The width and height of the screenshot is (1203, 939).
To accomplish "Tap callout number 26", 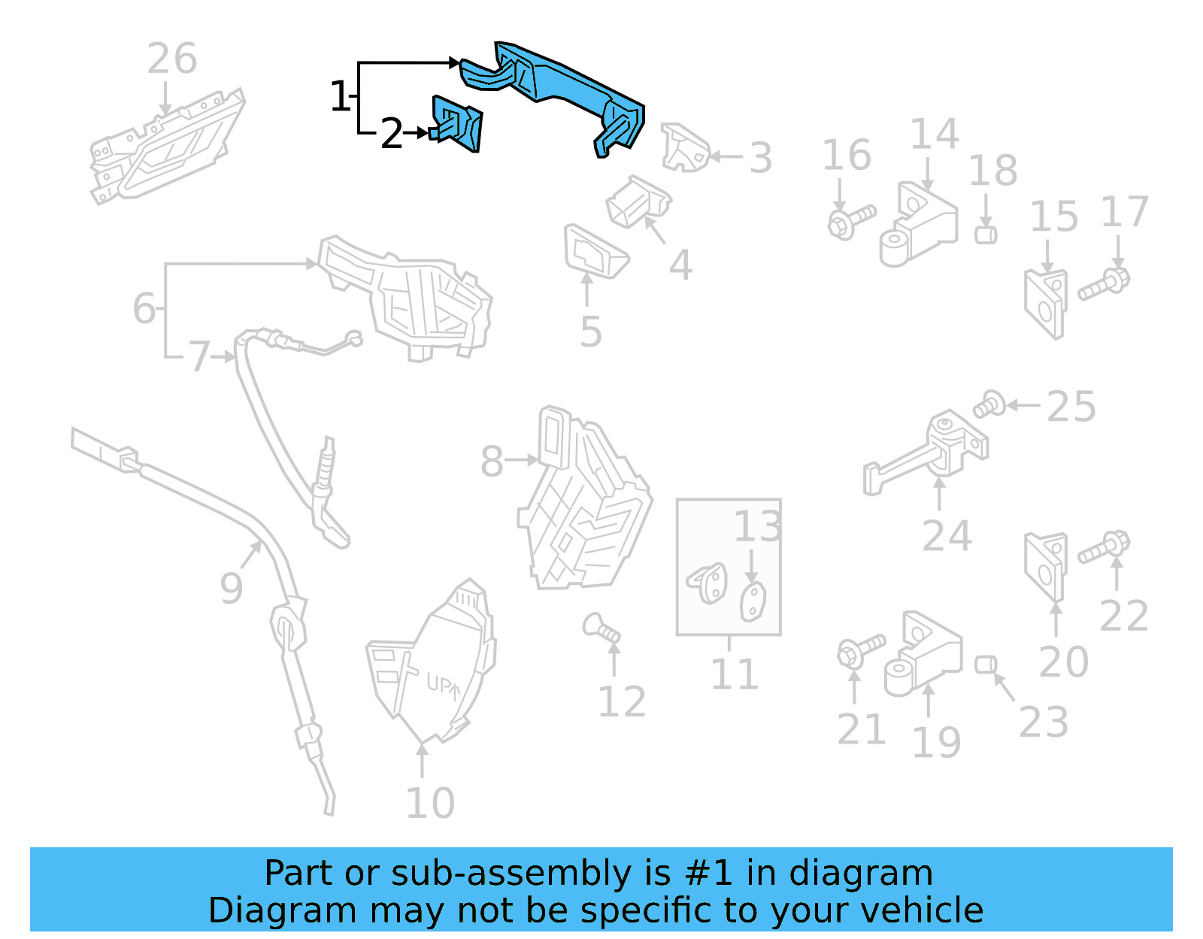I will (172, 59).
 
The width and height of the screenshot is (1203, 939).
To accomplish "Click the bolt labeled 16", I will (851, 220).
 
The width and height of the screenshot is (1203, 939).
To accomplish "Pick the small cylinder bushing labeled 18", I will (986, 235).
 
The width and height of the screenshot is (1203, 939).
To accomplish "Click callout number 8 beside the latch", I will (492, 462).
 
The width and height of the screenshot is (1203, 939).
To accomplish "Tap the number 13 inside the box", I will (757, 527).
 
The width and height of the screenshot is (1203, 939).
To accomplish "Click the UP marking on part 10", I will (443, 685).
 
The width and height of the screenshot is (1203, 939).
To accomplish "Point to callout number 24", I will (947, 537).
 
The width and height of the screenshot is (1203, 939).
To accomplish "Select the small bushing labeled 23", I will (986, 665).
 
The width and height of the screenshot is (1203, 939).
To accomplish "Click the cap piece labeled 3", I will (684, 148).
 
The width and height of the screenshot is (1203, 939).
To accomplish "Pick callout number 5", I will (591, 332).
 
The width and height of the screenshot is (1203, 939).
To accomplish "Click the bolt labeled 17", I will (1104, 285).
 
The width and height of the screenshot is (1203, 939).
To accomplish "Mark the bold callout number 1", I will (340, 97).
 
